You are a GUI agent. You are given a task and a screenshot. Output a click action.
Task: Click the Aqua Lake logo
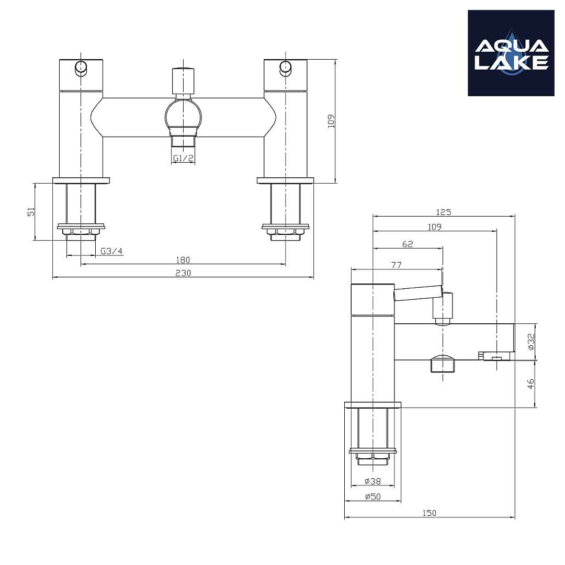coord(511,53)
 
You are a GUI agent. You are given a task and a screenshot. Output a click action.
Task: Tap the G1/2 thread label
coord(184,157)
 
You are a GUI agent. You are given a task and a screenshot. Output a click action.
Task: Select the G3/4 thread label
coord(111,251)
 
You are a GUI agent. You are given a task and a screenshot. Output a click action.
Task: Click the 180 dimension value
coord(183,259)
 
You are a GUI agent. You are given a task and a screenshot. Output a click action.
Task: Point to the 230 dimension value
coord(183,273)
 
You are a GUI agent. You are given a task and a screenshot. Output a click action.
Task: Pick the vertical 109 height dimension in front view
coord(331,121)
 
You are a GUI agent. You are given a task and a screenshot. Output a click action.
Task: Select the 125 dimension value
coord(443,212)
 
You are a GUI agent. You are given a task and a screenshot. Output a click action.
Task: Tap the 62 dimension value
coord(408,244)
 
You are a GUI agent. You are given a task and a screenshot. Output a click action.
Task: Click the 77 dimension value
coord(396,265)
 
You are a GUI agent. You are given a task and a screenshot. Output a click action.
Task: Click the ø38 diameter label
coord(372,481)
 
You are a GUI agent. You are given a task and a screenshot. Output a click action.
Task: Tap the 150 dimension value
coord(430,513)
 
